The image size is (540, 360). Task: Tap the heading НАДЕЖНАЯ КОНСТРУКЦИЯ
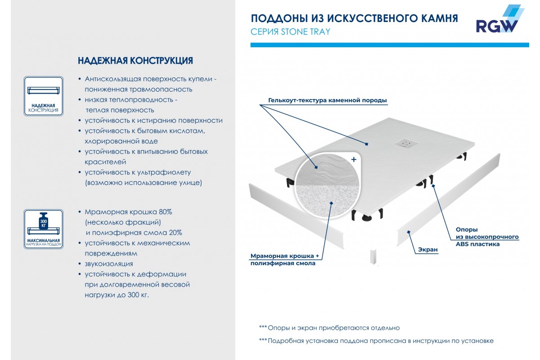coord(135,61)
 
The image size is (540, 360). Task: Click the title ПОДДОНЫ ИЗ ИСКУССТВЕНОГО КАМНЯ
coord(354,18)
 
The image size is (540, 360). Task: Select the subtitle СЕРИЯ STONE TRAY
coord(290,31)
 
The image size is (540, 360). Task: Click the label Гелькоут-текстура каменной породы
coord(327,100)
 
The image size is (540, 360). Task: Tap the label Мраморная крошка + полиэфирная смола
coord(284,260)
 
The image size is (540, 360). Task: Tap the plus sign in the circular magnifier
coord(354,159)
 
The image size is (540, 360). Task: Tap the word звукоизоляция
coord(109,264)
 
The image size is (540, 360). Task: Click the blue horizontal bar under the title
coord(389,45)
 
